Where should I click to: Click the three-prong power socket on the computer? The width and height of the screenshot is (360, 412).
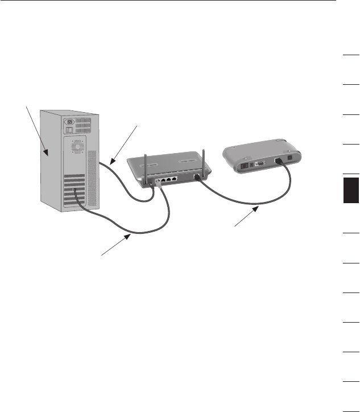click(x=72, y=121)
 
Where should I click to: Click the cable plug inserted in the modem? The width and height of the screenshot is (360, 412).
click(x=279, y=162)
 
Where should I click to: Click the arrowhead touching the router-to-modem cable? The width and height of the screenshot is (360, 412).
click(x=258, y=209)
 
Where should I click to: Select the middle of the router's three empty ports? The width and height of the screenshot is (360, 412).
click(x=168, y=180)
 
